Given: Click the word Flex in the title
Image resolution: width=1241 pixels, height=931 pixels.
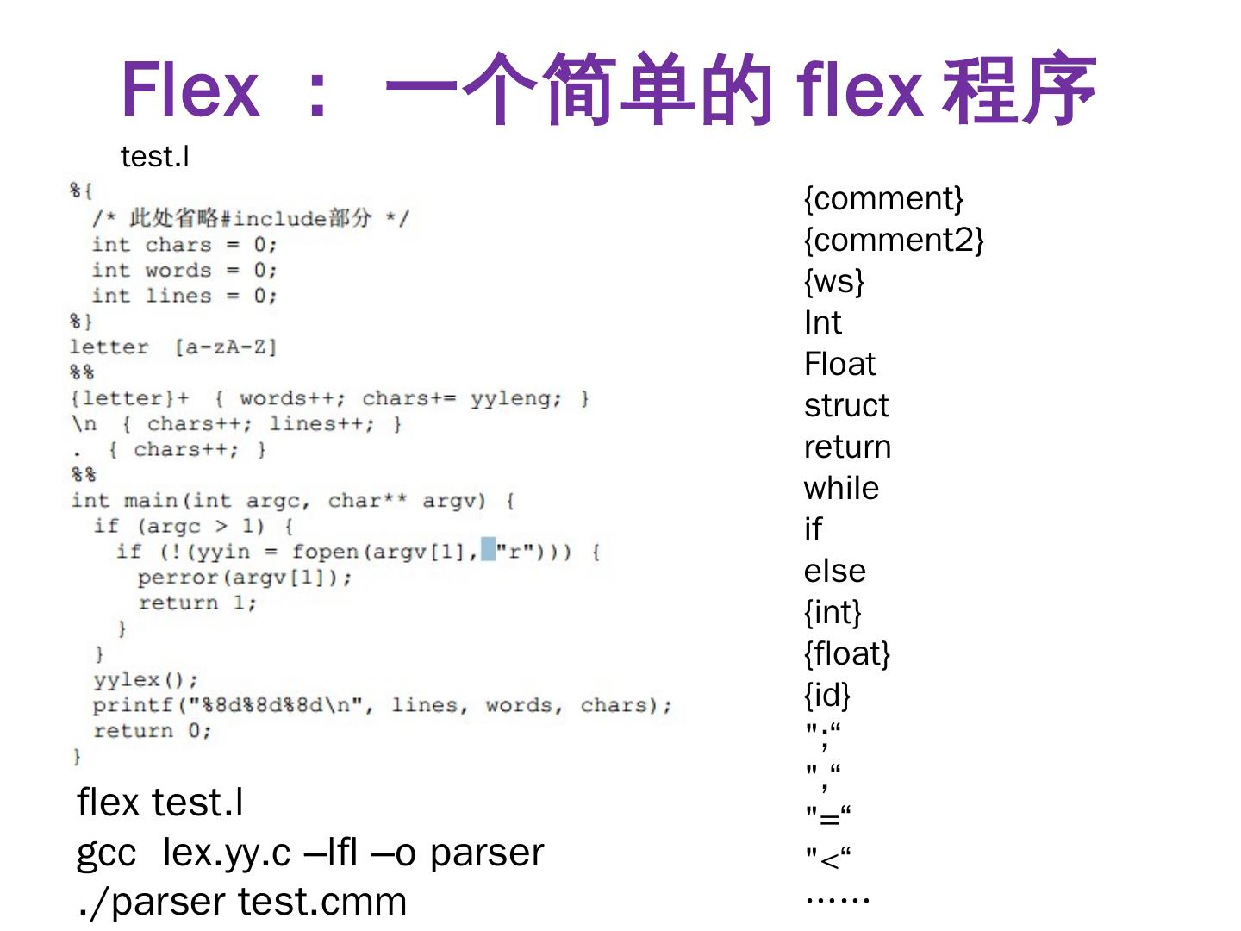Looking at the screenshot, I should pos(190,90).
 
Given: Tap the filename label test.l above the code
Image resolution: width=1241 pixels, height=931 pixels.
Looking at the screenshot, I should pos(155,157).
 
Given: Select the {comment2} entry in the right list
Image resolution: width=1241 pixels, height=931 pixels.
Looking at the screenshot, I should pos(893,240).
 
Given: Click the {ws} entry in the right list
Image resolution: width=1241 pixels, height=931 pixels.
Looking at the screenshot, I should pos(833,281).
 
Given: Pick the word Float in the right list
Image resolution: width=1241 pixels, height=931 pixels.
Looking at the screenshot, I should pos(839,364).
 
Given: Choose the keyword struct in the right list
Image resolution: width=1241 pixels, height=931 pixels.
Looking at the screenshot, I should pos(845,405).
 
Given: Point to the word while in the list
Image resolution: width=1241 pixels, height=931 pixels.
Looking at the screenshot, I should pos(841,488).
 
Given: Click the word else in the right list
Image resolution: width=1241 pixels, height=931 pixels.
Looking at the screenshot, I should pos(834,571).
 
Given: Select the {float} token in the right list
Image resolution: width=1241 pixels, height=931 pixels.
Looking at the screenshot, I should pos(846,653).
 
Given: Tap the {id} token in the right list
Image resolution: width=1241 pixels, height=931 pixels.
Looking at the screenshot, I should pos(826,695).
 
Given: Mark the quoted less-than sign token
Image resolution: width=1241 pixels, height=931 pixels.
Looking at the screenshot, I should pos(828,859).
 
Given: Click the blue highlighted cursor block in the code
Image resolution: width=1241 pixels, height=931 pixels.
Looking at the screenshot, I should pos(489,549).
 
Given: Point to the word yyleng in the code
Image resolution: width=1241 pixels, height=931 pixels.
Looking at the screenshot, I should pos(514,398).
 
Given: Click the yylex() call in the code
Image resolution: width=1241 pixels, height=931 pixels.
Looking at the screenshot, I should pos(145,680).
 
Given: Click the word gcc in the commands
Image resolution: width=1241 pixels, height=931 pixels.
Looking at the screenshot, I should pos(106,853).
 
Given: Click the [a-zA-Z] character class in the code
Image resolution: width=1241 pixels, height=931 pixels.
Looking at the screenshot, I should pos(225,347).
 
